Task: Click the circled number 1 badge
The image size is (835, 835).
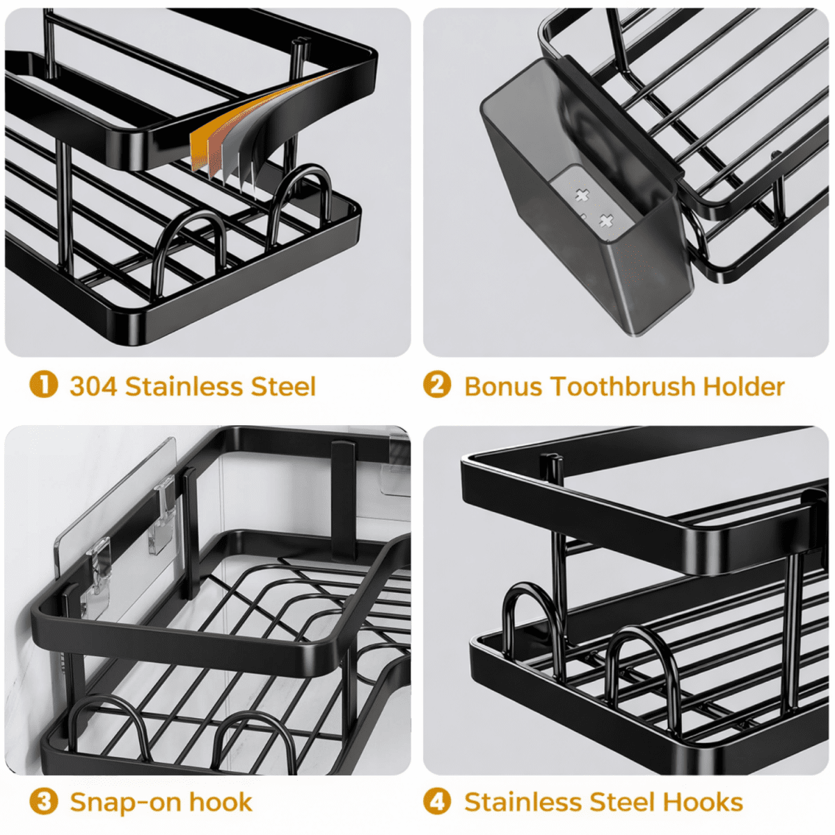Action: coord(43,385)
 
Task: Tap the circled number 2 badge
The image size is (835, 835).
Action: coord(437,385)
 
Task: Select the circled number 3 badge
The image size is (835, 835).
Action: coord(43,802)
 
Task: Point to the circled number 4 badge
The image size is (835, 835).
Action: coord(437,802)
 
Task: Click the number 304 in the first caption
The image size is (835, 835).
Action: coord(93,386)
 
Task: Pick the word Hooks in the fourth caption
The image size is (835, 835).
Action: coord(703,802)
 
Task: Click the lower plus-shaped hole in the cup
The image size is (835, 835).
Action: coord(606,222)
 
